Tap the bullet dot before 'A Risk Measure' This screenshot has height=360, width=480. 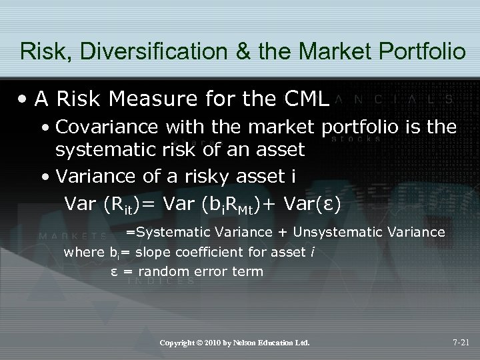(25, 100)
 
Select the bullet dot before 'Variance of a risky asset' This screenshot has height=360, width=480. (44, 176)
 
